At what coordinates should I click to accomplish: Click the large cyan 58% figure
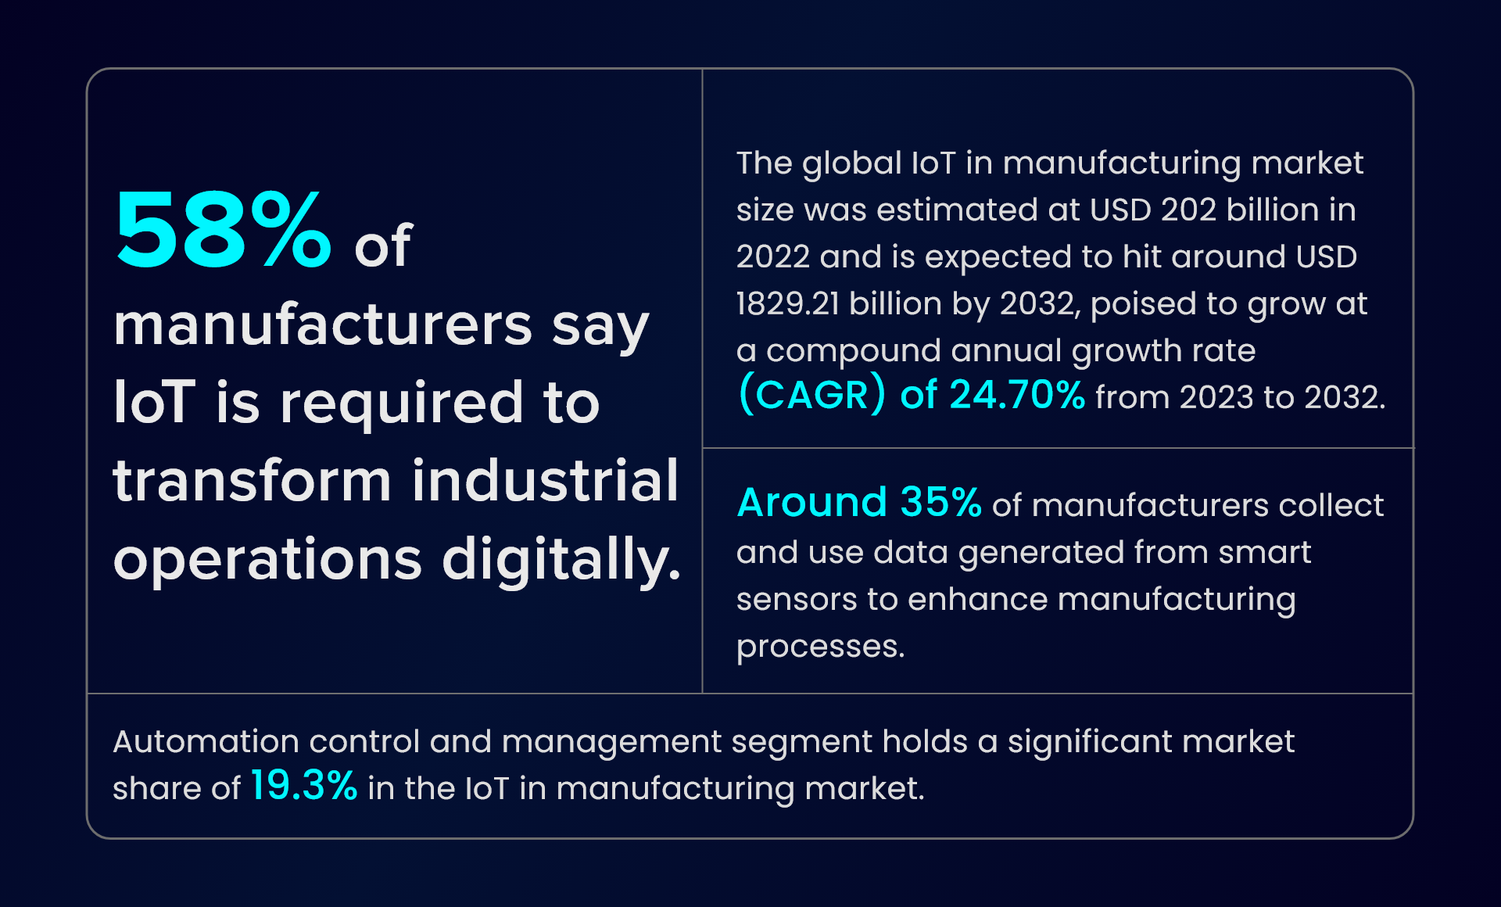click(x=223, y=232)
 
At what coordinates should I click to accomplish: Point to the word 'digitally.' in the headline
click(x=561, y=560)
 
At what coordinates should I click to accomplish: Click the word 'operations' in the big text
click(x=267, y=560)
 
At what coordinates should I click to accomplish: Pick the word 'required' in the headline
click(x=401, y=403)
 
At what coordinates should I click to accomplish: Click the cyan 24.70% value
click(x=1016, y=395)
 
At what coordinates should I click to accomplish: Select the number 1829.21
click(x=787, y=304)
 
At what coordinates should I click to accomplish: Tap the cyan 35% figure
click(x=940, y=503)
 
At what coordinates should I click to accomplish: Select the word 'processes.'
click(x=820, y=647)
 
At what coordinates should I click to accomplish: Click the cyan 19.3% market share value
click(x=303, y=786)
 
